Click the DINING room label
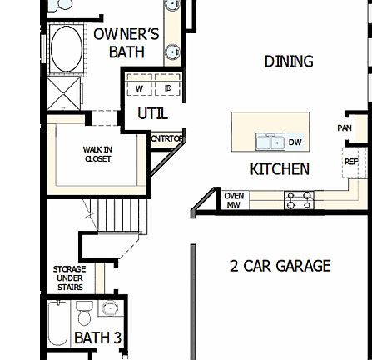coord(289,62)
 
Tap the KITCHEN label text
coord(280,169)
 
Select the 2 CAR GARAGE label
coord(280,266)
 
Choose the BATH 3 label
coord(99,338)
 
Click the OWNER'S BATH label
coord(126,42)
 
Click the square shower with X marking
coord(59,96)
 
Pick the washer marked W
coord(141,87)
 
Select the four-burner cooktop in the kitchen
coord(298,201)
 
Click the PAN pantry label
coord(345,128)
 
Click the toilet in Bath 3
coord(84,315)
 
